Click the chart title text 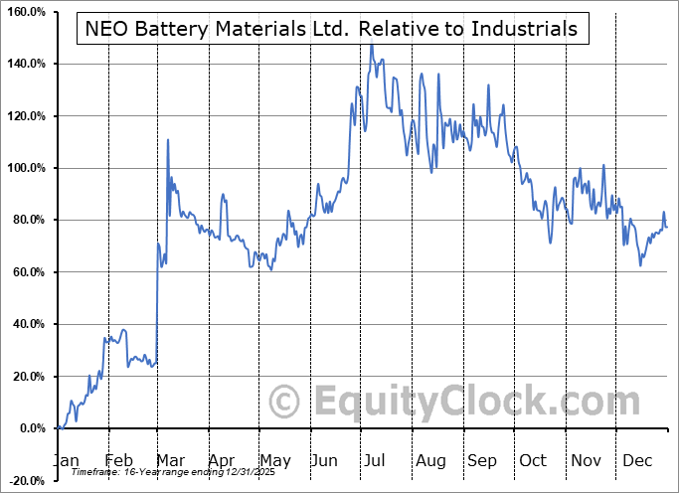[332, 28]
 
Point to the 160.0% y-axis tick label [26, 12]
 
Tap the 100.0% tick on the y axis [26, 168]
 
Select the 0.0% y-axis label [30, 428]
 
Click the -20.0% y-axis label [26, 480]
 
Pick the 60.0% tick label [28, 272]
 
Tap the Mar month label [170, 460]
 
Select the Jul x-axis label [375, 460]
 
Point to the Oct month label [533, 460]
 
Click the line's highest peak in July [371, 45]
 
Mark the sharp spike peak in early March [167, 139]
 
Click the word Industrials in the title [526, 28]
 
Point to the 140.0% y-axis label [26, 64]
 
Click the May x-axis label [274, 460]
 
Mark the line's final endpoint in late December [667, 227]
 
